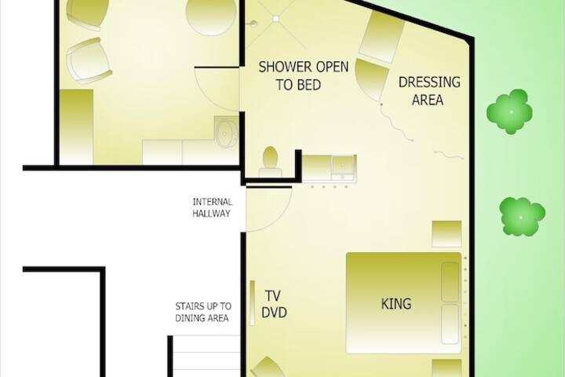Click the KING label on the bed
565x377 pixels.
point(396,304)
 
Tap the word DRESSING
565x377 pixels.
point(429,82)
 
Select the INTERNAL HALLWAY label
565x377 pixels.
point(212,207)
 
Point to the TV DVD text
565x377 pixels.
point(274,304)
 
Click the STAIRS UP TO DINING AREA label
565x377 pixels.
point(203,312)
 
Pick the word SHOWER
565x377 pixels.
point(285,67)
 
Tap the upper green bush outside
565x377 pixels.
point(509,112)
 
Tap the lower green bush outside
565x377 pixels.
point(522,217)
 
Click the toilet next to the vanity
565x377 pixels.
point(270,162)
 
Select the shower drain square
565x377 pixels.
point(275,19)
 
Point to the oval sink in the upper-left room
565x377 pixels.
point(226,134)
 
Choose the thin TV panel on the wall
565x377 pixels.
point(252,303)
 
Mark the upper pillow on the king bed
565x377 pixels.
point(450,282)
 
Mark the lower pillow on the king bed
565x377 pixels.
point(450,324)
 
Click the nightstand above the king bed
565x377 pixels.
point(447,234)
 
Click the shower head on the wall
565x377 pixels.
point(253,24)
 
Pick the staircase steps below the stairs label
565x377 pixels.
point(206,356)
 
